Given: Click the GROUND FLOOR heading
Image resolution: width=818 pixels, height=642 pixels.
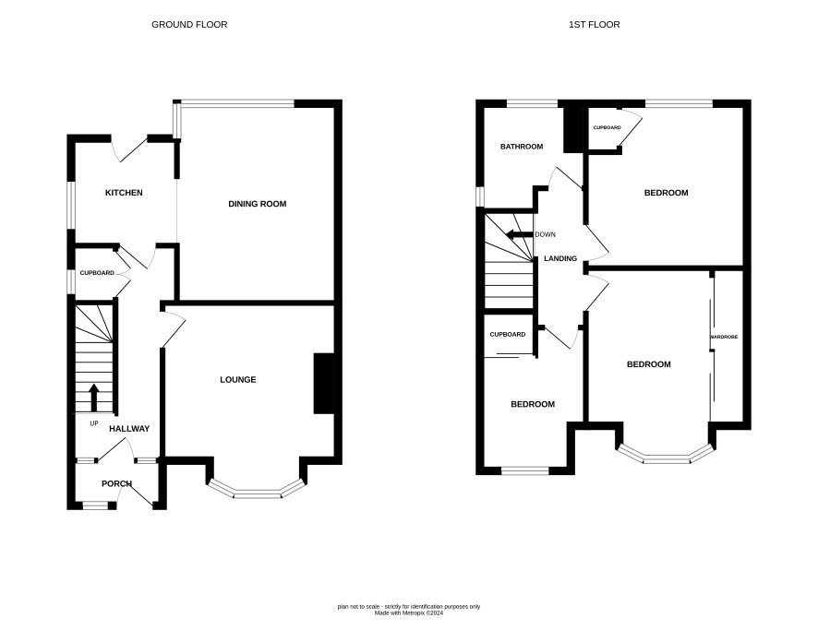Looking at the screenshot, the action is (x=189, y=25).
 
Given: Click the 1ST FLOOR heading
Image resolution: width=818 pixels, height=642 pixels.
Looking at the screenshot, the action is (x=595, y=25).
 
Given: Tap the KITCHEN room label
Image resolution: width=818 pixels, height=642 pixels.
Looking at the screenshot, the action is (x=124, y=193).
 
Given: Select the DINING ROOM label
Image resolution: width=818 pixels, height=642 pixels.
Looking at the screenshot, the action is (x=258, y=204).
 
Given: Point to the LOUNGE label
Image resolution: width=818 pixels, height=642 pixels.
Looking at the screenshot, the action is (x=238, y=380).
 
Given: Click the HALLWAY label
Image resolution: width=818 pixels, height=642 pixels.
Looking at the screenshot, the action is (x=129, y=429).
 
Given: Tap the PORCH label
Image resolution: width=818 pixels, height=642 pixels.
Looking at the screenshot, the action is (x=117, y=484).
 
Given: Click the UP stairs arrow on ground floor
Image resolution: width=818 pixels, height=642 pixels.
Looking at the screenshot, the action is (x=94, y=398).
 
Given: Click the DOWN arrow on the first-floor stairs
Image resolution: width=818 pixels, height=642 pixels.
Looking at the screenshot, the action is (x=520, y=234).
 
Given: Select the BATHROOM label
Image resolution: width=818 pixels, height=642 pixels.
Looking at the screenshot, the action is (x=522, y=147).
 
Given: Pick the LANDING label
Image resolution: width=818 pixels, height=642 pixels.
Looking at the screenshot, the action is (x=560, y=258).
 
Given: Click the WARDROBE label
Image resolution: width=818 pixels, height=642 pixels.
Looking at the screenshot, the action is (x=724, y=338).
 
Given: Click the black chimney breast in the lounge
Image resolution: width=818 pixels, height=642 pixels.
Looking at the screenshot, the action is (x=323, y=384).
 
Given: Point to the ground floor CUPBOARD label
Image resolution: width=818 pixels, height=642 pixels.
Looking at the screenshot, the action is (x=97, y=273).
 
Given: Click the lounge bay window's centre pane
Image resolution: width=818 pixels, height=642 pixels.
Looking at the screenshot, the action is (x=257, y=493).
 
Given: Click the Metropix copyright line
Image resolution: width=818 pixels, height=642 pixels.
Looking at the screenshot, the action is (x=409, y=613).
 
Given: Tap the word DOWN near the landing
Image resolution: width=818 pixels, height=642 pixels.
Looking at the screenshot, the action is (x=545, y=234).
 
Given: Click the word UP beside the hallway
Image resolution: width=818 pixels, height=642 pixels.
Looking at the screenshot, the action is (x=94, y=423).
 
